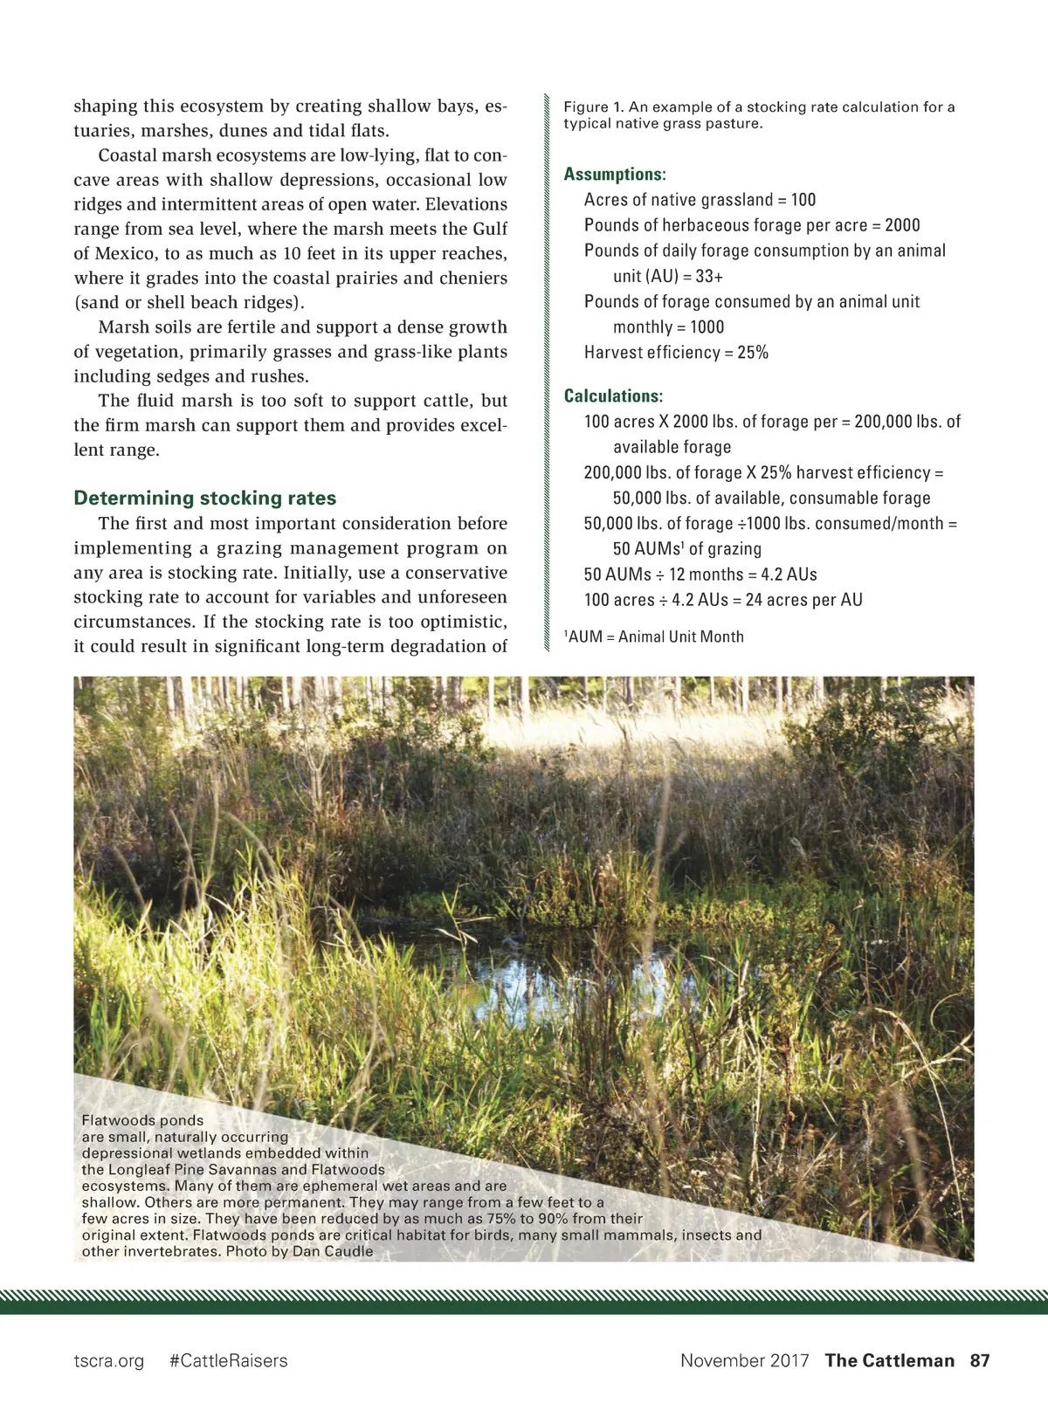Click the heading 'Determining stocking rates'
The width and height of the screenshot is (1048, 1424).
[x=204, y=499]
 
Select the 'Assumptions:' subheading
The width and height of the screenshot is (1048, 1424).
[x=615, y=174]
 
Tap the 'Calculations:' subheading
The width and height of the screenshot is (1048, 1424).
[x=613, y=396]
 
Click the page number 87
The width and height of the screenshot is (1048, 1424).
[x=980, y=1360]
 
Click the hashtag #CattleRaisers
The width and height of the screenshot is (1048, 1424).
[x=228, y=1360]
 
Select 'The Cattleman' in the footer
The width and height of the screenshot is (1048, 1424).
[x=889, y=1360]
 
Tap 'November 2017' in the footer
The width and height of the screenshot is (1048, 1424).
[x=744, y=1360]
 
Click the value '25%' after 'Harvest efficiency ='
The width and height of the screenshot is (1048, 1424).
[x=753, y=353]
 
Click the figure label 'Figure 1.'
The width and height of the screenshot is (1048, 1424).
[x=593, y=107]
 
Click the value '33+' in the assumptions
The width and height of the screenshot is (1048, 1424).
[x=709, y=277]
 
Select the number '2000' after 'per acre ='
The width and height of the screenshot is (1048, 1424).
[x=902, y=225]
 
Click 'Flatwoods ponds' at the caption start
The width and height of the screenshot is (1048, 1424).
[x=142, y=1120]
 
